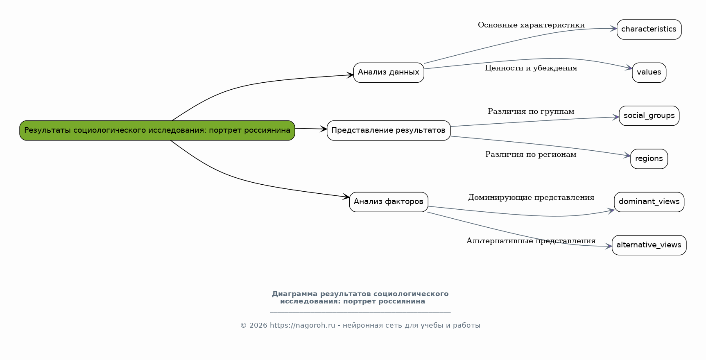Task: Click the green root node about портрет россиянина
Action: tap(157, 131)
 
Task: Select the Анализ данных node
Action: tap(388, 72)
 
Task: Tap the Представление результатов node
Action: tap(388, 131)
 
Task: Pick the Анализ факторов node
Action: tap(388, 202)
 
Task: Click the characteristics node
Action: tap(649, 29)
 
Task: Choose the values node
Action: tap(649, 72)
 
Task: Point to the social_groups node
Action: tap(649, 116)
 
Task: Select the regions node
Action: tap(649, 159)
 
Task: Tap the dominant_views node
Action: tap(649, 202)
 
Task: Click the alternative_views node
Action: tap(649, 245)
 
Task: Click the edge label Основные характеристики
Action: tap(531, 25)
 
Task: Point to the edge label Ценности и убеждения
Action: tap(531, 68)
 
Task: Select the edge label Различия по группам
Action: tap(531, 112)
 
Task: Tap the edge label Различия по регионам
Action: tap(531, 155)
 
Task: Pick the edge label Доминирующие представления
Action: tap(531, 198)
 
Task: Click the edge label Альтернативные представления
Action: tap(531, 241)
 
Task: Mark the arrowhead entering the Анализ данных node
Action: tap(350, 75)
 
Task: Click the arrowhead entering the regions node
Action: tap(627, 156)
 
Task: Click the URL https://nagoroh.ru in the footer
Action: tap(302, 326)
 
